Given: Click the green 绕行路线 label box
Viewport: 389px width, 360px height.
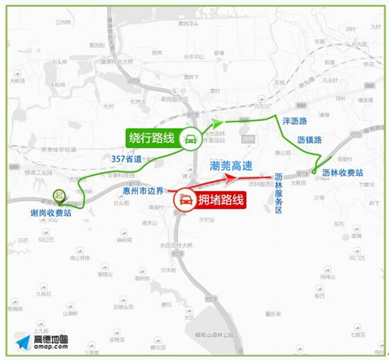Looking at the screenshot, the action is coord(151,138).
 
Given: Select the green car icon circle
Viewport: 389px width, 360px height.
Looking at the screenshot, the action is coord(188,140).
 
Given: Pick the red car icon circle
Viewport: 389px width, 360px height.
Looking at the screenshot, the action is coord(184,201).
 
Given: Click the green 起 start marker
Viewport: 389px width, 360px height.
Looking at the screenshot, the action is coord(59,196).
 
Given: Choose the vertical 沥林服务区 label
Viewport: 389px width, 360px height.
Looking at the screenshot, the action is coord(279,194).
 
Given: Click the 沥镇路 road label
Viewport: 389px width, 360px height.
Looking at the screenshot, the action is coord(309,140).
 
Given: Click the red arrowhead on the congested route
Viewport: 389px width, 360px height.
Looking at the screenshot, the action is coord(237,178).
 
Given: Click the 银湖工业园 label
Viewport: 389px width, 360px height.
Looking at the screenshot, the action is coord(38,174).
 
